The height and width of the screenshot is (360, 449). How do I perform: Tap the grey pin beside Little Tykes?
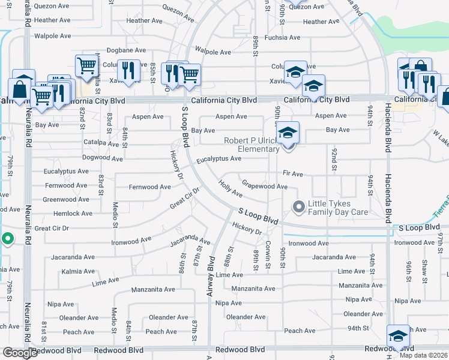[298, 208]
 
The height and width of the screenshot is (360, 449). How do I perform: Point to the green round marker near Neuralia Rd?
[7, 239]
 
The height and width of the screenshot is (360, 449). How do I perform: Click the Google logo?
[19, 353]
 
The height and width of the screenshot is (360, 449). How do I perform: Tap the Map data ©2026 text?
[424, 355]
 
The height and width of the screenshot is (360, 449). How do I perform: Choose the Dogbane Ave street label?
[126, 50]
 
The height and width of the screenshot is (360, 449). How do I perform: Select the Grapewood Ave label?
[264, 187]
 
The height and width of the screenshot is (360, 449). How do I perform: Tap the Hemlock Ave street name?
[73, 214]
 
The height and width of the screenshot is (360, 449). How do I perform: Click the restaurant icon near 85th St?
[128, 70]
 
